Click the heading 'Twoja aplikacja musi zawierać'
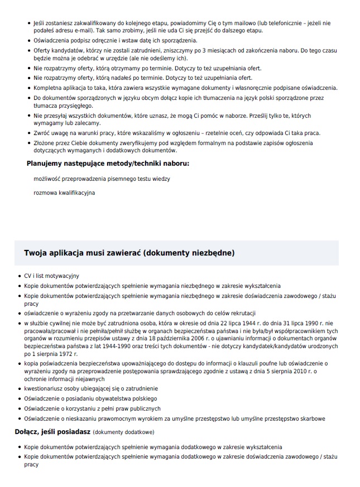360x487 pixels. (83, 253)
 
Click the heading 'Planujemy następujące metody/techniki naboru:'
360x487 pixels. (108, 163)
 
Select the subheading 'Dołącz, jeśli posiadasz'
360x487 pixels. (52, 431)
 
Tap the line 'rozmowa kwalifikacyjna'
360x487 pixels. (64, 193)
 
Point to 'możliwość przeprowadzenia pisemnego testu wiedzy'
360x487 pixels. (102, 179)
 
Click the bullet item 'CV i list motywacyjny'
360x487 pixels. (51, 276)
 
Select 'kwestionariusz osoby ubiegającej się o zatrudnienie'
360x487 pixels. (91, 388)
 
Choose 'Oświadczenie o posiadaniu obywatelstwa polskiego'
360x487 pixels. (90, 398)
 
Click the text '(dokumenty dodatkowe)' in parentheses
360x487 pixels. (123, 432)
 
